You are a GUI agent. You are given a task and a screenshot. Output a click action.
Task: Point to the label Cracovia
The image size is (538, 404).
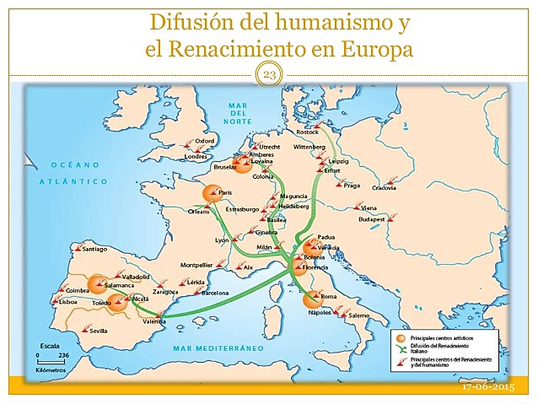tap(384, 187)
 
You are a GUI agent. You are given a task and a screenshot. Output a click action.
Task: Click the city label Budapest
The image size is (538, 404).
tap(371, 218)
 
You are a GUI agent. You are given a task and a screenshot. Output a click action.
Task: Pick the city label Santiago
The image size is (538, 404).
tap(95, 249)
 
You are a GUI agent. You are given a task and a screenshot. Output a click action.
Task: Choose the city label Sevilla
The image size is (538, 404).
tap(99, 331)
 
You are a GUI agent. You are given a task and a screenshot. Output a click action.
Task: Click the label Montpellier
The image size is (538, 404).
tap(196, 265)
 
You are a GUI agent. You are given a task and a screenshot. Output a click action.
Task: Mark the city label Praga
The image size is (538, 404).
tap(352, 185)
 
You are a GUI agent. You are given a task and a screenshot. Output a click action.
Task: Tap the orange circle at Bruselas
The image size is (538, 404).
tap(243, 165)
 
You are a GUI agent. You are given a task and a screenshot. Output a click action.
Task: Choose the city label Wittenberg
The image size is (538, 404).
tap(309, 148)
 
